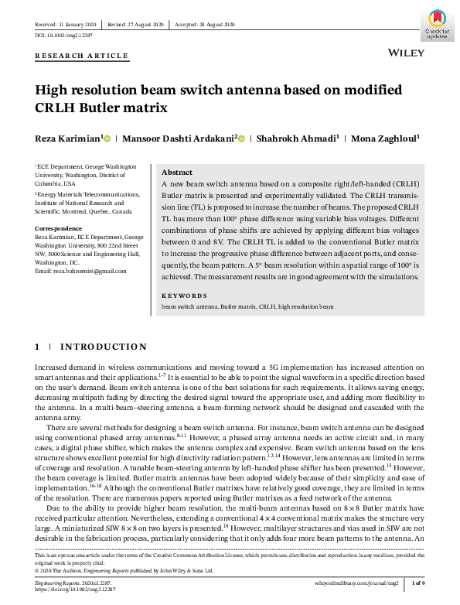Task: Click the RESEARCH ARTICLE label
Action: (x=81, y=56)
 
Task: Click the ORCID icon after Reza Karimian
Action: (x=107, y=139)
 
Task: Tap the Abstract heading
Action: (x=177, y=172)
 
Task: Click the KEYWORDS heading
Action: (x=183, y=296)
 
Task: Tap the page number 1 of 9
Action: (x=417, y=581)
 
